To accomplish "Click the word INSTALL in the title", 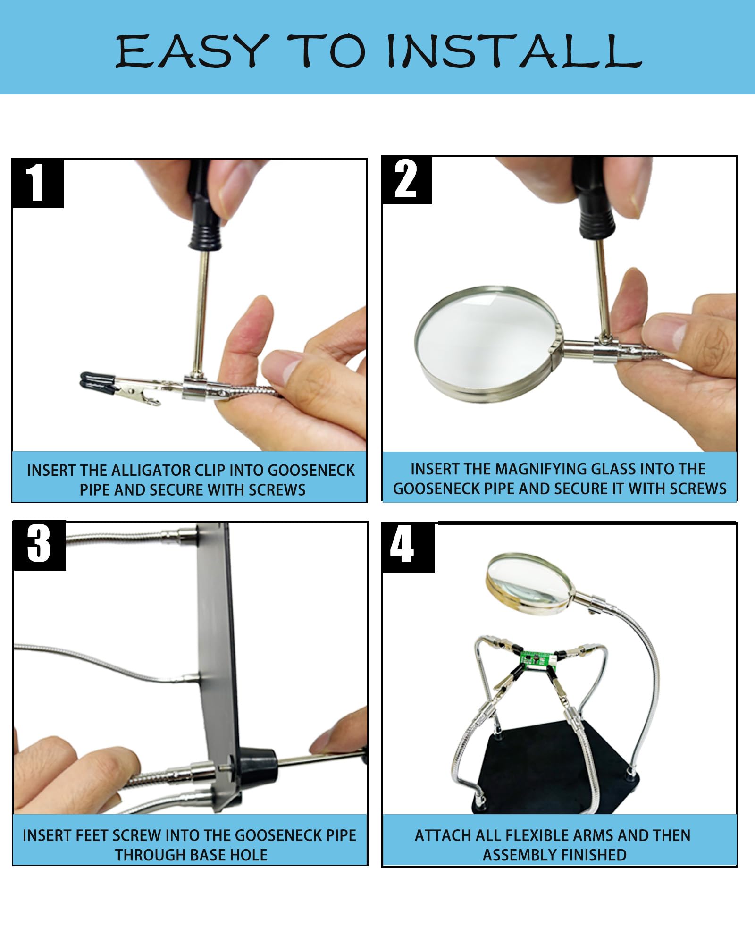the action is point(514,51).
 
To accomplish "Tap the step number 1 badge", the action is point(38,183).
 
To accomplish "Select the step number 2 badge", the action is point(407,180).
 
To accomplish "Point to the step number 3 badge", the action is point(39,545).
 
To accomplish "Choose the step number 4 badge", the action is point(408,548).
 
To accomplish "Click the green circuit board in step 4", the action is point(536,659).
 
